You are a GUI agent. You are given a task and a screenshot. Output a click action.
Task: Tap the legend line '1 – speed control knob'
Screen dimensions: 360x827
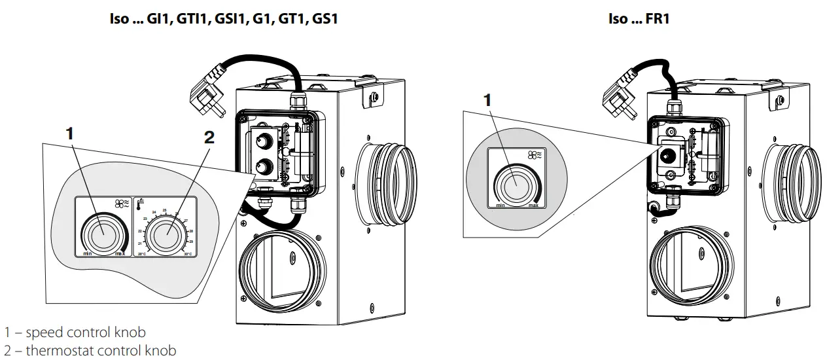[75, 333]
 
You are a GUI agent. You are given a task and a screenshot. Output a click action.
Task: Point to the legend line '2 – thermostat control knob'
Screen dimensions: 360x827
[90, 351]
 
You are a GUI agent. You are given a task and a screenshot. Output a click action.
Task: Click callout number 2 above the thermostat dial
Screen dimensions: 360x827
[209, 137]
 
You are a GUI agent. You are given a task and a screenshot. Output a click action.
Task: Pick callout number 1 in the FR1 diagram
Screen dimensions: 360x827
[486, 100]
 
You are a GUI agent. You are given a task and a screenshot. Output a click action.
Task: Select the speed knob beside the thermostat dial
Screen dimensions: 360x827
[101, 232]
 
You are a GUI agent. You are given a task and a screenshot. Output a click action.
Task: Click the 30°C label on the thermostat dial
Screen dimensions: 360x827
[188, 253]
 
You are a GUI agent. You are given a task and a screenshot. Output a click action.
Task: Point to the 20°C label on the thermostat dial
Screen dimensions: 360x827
[141, 253]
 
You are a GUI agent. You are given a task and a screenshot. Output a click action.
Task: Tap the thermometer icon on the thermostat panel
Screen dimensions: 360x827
[139, 204]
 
